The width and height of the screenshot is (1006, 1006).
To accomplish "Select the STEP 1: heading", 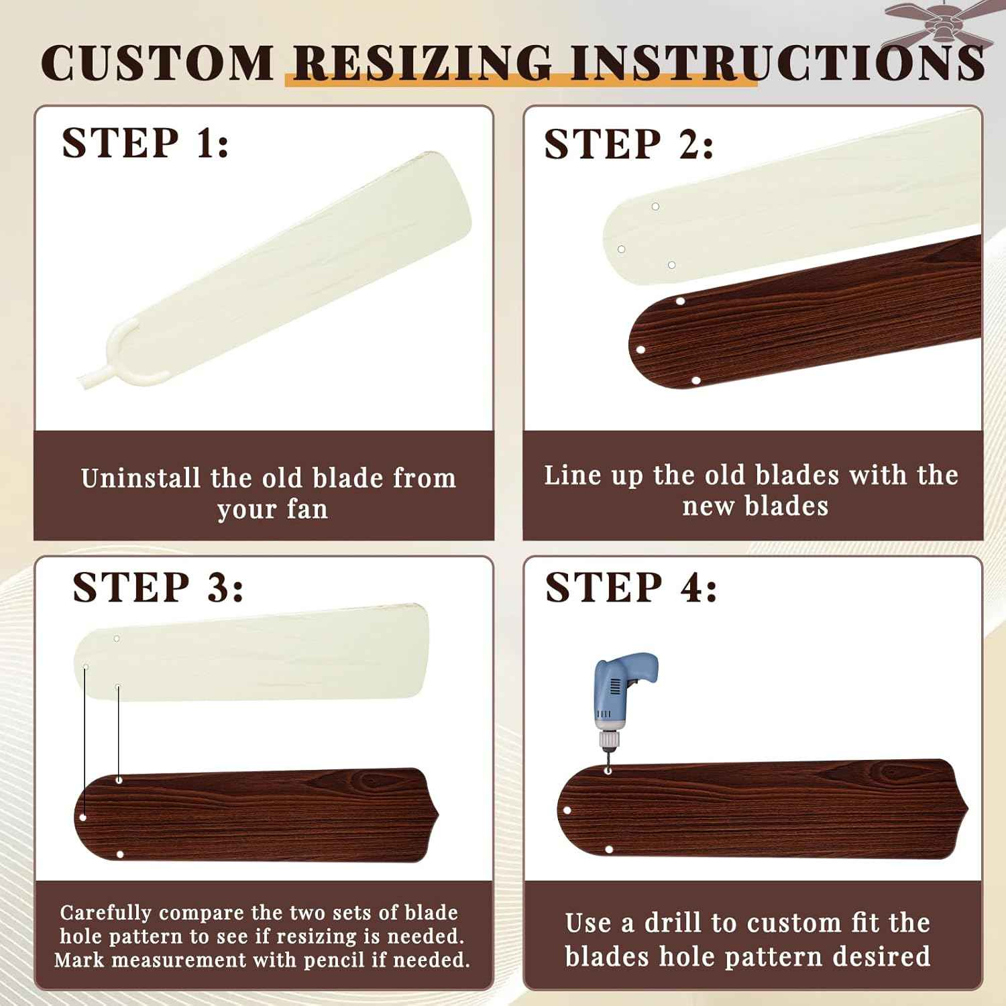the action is (145, 142).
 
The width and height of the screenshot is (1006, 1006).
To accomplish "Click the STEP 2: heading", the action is (628, 144).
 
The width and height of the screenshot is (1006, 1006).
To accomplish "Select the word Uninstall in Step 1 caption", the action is (141, 478).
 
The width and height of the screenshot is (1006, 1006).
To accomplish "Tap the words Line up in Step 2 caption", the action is (594, 476).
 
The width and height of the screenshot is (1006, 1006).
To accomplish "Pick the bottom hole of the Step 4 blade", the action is (609, 849).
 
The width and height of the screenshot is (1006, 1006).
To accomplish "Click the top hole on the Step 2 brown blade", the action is (680, 301).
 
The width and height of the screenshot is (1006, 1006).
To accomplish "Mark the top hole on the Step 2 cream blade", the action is (655, 207).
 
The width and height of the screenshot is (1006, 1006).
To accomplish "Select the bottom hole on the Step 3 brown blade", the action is (120, 854).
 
